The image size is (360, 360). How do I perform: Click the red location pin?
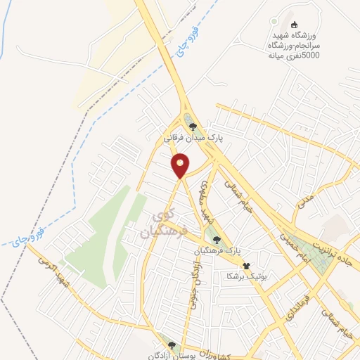181,167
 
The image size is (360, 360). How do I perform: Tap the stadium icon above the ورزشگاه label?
295,25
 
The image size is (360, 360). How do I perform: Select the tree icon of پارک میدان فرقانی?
193,127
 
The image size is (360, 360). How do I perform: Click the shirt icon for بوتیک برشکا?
246,266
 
